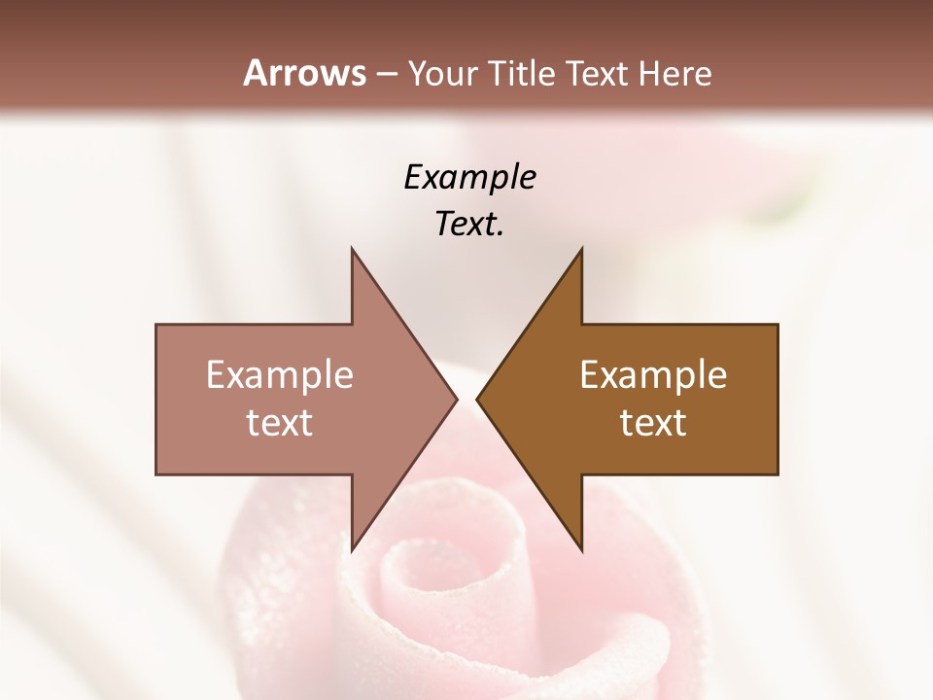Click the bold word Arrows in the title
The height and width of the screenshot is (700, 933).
point(304,73)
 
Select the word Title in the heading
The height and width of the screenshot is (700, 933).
point(524,74)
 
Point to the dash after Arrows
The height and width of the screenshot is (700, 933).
point(386,75)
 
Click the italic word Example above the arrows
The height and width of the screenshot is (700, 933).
point(469,177)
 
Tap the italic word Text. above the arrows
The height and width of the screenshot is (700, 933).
point(469,224)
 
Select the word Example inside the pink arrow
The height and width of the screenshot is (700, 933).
point(279,375)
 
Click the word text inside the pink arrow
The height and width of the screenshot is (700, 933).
point(279,423)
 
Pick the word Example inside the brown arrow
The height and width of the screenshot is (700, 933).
point(653,375)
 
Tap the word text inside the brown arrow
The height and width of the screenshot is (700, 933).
point(653,423)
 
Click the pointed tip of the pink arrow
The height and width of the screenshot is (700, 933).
point(457,399)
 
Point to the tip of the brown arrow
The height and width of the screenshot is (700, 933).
point(477,399)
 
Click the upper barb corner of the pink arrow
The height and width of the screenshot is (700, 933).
point(352,249)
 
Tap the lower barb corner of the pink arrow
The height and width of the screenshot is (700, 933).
point(352,550)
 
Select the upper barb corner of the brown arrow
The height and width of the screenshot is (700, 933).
point(581,249)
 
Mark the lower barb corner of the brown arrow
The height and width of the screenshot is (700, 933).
point(581,550)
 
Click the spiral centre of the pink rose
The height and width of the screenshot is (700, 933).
point(413,574)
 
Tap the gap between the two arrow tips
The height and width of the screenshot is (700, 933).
point(466,399)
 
